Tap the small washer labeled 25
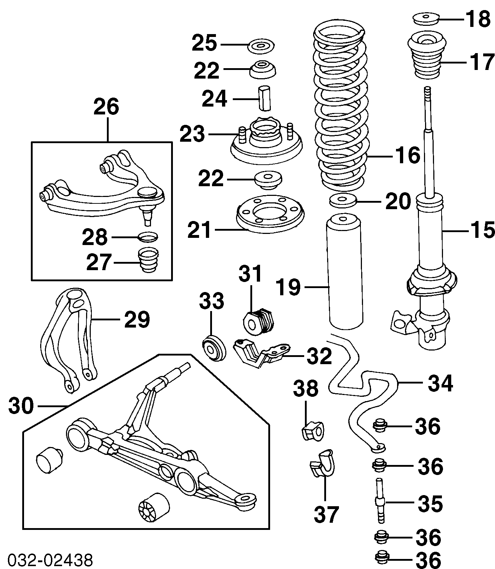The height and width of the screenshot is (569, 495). (261, 46)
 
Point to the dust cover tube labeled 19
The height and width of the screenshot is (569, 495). (345, 273)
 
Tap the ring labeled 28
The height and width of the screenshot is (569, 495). (148, 237)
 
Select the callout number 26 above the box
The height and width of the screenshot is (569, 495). (106, 107)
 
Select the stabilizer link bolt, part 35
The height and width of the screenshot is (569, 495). (380, 501)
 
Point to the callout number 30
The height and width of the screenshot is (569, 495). (21, 406)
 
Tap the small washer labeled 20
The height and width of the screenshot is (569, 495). (343, 200)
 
